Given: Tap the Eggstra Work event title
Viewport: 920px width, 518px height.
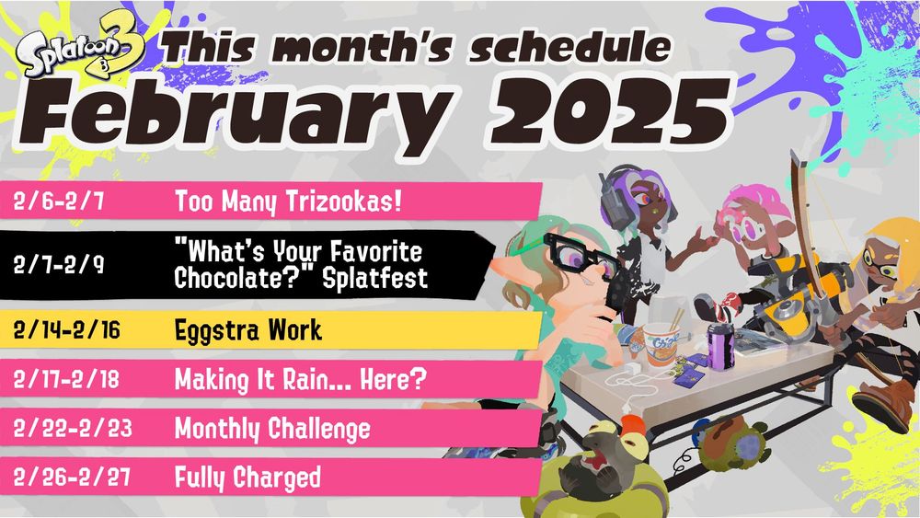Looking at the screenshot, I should pos(247,329).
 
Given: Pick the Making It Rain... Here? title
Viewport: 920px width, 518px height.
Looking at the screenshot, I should pos(303,379).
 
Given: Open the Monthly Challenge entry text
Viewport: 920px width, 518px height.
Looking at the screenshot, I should pos(272,429).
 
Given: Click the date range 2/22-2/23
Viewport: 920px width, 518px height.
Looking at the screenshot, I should pos(66,430).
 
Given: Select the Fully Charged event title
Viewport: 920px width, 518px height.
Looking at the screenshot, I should pos(247,478).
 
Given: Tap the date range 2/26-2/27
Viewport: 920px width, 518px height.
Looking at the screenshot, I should pos(66,478).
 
